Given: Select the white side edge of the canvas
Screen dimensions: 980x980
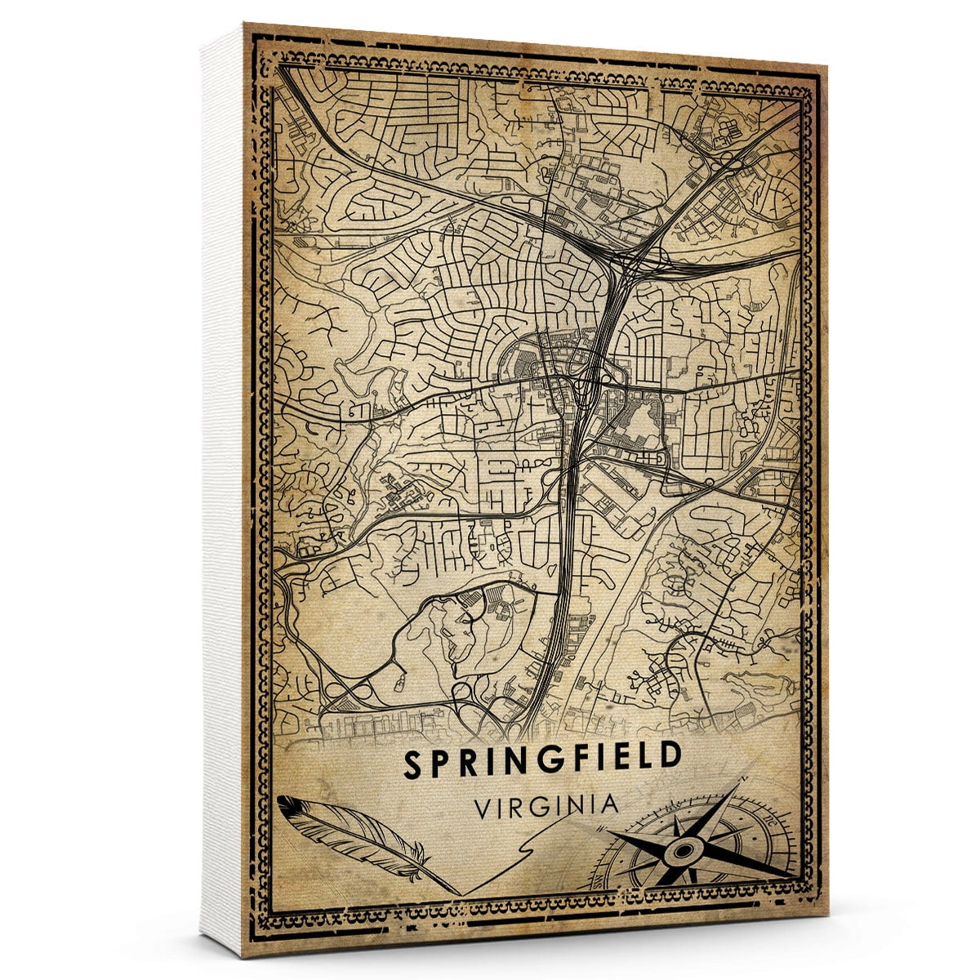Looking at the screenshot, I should point(220,490).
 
